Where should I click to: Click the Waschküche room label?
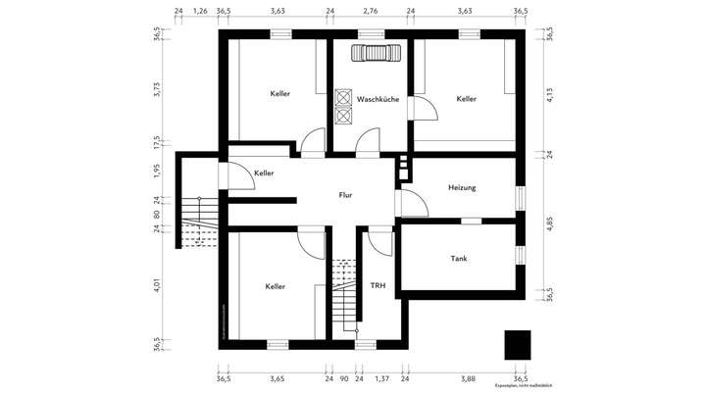tap(378, 99)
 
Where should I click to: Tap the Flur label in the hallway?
tap(345, 195)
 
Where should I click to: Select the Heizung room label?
tap(462, 187)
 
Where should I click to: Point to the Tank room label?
tap(458, 259)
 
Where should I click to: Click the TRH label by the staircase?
tap(378, 286)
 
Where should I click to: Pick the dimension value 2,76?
tap(370, 12)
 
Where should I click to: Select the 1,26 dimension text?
tap(200, 12)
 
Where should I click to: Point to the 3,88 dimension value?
tap(467, 377)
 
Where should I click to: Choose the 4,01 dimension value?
tap(157, 285)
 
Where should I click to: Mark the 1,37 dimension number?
tap(383, 377)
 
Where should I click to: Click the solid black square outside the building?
tap(517, 345)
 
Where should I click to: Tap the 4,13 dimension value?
tap(550, 96)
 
